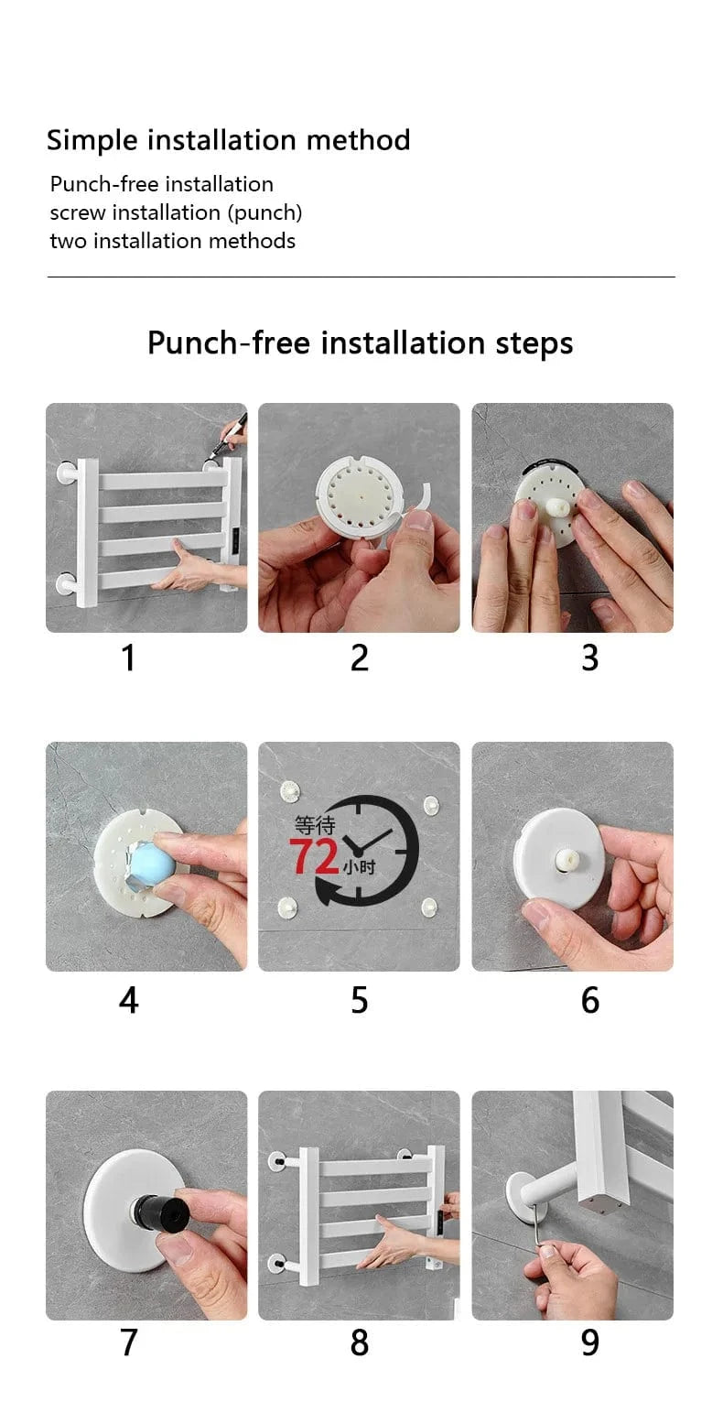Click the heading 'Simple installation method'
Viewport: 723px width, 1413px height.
[228, 140]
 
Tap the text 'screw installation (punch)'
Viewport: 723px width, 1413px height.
[176, 212]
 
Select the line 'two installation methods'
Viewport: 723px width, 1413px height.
[172, 241]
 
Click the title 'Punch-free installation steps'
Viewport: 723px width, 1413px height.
[361, 343]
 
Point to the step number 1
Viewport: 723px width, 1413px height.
[128, 658]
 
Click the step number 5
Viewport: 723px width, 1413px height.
[360, 1000]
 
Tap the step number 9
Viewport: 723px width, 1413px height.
[590, 1342]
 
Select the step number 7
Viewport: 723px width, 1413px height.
[128, 1342]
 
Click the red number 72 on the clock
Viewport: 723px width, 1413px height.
[314, 856]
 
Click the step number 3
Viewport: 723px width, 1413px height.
[590, 658]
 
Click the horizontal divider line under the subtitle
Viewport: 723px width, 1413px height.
[361, 277]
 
